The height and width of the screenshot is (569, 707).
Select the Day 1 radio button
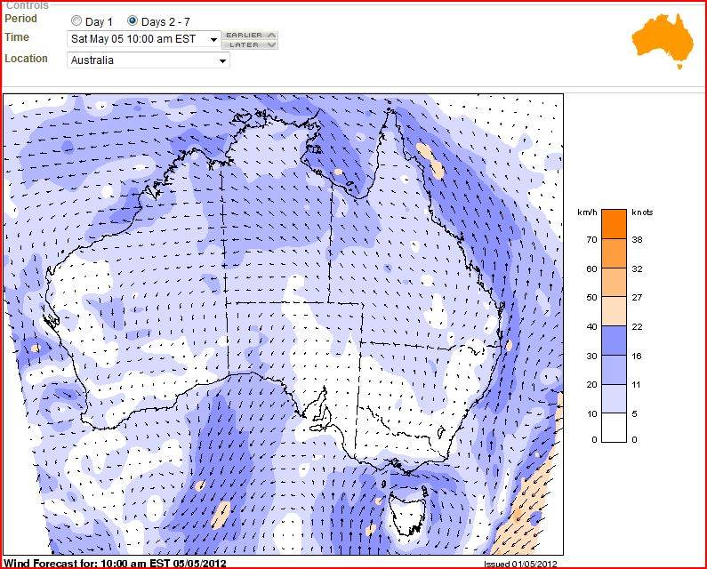(76, 20)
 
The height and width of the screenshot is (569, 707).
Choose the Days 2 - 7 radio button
(133, 20)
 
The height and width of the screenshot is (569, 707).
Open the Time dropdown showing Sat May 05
(144, 39)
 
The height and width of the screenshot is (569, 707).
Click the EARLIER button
(251, 35)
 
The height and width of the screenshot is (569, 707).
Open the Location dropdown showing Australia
(149, 60)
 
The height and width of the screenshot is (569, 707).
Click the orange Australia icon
(662, 41)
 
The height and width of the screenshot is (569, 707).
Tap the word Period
(21, 19)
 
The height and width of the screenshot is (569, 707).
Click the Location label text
(26, 59)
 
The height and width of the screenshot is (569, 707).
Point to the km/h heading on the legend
(586, 213)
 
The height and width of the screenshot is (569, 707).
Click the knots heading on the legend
(642, 213)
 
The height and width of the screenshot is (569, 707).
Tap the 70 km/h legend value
(591, 240)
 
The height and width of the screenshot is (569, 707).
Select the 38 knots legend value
(637, 240)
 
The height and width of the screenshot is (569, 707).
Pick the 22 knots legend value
(637, 326)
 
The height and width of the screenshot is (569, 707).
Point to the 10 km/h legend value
(591, 413)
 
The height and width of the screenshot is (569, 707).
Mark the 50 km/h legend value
(591, 298)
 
